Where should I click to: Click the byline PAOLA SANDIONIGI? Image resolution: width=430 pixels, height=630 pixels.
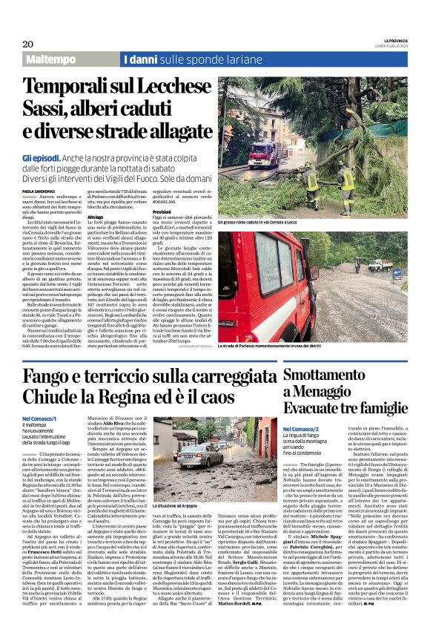pyautogui.click(x=41, y=191)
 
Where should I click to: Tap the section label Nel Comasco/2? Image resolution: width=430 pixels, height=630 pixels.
pyautogui.click(x=321, y=429)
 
